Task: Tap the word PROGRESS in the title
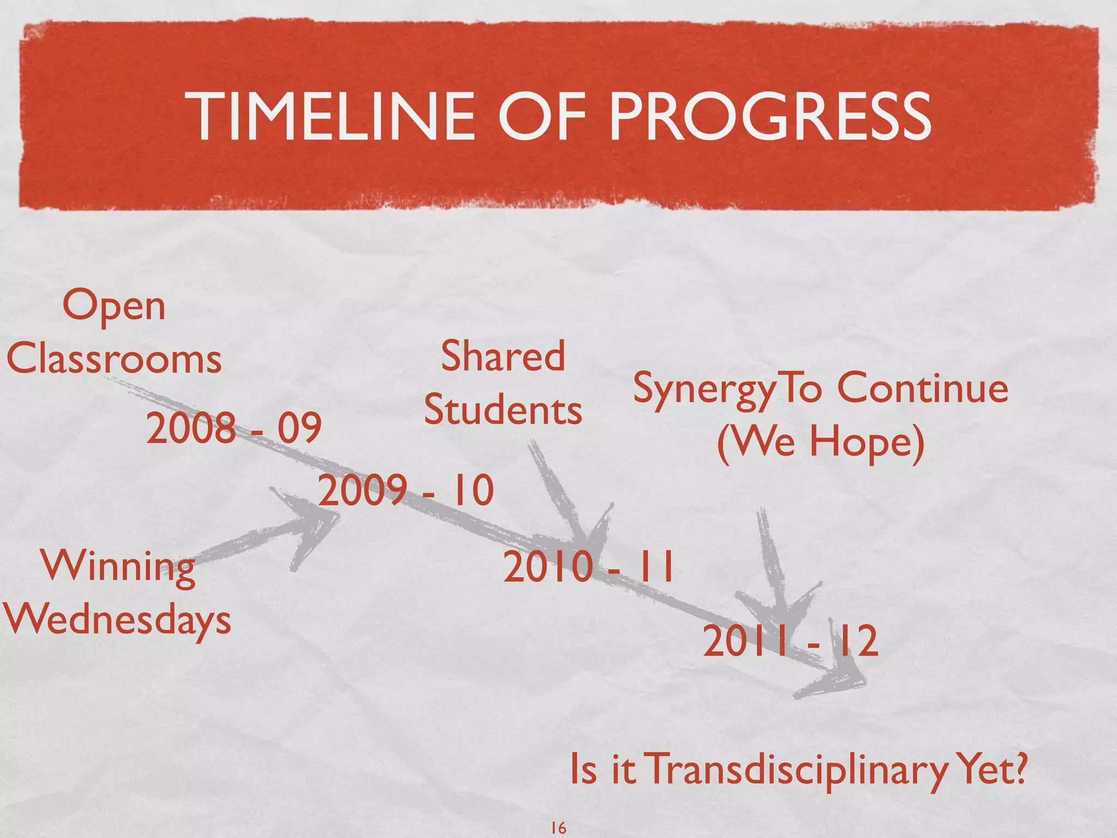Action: (x=770, y=116)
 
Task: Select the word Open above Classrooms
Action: (x=113, y=307)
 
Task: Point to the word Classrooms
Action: (x=114, y=360)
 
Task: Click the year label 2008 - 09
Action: (x=233, y=428)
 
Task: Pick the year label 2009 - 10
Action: (x=406, y=490)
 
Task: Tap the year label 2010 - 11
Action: (x=588, y=567)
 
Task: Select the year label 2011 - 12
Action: (x=790, y=642)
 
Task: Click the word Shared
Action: (x=502, y=356)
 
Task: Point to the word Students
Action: (x=503, y=410)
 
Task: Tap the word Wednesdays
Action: (x=118, y=620)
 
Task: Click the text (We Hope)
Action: (x=821, y=441)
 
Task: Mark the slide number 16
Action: (x=558, y=828)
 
